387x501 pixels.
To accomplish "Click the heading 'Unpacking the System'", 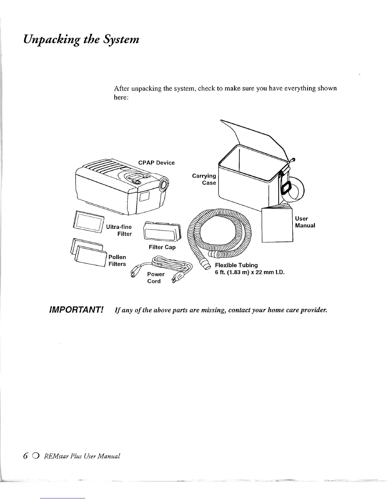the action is (x=81, y=40).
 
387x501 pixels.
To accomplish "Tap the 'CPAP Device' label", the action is (x=156, y=163).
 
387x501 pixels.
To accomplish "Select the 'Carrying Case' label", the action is (x=204, y=179).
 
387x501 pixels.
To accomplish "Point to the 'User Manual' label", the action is (x=305, y=222).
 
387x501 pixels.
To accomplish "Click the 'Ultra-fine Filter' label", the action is (x=119, y=230).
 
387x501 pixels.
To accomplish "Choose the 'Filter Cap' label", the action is (x=162, y=247).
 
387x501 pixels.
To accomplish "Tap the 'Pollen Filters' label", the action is (x=117, y=261).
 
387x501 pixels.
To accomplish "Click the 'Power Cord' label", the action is (x=156, y=278).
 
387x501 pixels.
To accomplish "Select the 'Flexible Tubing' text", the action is (x=236, y=265).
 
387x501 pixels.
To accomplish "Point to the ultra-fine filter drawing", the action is (x=88, y=220).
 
